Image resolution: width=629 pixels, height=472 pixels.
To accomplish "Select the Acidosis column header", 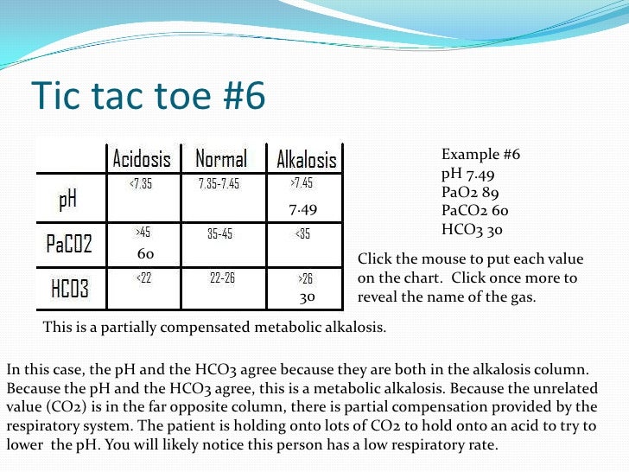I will [x=142, y=159].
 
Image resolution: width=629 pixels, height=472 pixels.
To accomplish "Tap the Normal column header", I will [x=221, y=159].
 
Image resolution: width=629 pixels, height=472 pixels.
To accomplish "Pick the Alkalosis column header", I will [x=306, y=160].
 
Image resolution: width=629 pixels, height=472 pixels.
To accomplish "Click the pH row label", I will [x=67, y=200].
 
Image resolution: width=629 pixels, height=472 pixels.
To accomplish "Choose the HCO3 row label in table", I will [x=70, y=288].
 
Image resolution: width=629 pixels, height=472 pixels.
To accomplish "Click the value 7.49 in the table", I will [x=302, y=209].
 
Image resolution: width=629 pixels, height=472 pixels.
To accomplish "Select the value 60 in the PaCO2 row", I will [x=145, y=254].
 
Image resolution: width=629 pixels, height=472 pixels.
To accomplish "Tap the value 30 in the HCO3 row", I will [x=307, y=297].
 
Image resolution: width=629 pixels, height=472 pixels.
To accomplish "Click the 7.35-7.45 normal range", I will [x=219, y=184].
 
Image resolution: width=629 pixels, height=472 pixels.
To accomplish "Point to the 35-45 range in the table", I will [x=219, y=233].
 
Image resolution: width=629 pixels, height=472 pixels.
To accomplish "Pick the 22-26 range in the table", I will [x=222, y=277].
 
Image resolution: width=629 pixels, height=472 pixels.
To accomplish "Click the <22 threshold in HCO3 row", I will [x=143, y=277].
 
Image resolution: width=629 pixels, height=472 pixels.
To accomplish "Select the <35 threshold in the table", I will [x=302, y=233].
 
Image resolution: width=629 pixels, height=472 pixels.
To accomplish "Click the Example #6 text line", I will [x=480, y=155].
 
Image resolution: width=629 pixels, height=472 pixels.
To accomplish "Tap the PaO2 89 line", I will [x=469, y=193].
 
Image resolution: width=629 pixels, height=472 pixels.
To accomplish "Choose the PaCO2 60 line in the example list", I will [x=474, y=212].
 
